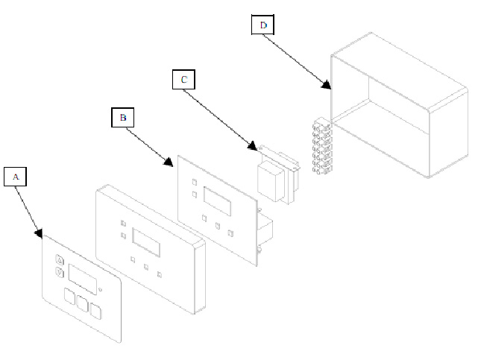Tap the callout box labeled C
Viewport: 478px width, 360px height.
pyautogui.click(x=183, y=78)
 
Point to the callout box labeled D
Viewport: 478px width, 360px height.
pyautogui.click(x=262, y=25)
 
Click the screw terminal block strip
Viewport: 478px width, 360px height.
pyautogui.click(x=321, y=146)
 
